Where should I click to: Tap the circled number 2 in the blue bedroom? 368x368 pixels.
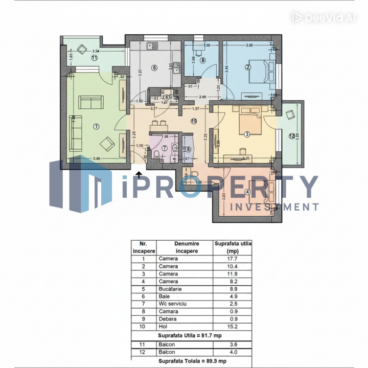click(x=248, y=66)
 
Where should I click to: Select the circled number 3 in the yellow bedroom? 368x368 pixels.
click(x=246, y=134)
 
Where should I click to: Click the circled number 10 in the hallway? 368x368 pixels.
click(x=193, y=121)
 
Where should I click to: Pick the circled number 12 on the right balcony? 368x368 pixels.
click(x=292, y=136)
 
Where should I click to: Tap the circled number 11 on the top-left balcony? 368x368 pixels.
click(x=94, y=58)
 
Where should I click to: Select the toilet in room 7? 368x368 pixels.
click(x=154, y=155)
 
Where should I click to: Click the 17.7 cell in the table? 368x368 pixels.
click(x=233, y=259)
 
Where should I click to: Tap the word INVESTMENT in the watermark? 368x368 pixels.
click(x=275, y=207)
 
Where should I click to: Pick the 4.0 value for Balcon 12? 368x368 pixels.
click(x=233, y=352)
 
